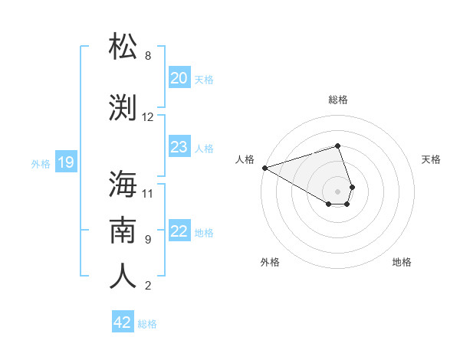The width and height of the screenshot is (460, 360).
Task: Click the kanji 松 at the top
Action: click(x=123, y=47)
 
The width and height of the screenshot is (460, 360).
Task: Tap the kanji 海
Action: click(x=123, y=184)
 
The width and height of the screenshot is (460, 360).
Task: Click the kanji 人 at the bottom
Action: click(x=123, y=276)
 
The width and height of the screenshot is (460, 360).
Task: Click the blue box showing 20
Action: click(x=179, y=78)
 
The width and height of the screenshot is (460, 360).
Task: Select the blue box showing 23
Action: click(x=179, y=147)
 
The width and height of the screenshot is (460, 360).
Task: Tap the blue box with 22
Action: click(x=179, y=231)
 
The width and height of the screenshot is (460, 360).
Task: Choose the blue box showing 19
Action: click(x=65, y=162)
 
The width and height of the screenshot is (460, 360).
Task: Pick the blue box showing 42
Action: click(x=123, y=322)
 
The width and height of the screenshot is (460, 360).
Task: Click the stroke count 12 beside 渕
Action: click(x=148, y=117)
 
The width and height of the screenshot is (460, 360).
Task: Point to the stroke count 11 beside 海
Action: click(x=148, y=193)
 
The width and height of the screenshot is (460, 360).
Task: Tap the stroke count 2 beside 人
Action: click(x=148, y=286)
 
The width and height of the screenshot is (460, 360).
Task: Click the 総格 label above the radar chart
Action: click(x=338, y=100)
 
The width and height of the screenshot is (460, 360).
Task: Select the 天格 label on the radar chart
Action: click(x=431, y=159)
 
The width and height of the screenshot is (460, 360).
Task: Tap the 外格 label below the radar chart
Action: click(x=270, y=262)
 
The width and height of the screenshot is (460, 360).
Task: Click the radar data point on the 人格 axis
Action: click(x=264, y=167)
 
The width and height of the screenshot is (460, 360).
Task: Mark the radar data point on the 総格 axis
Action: click(x=337, y=146)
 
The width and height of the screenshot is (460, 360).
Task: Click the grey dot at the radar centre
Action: click(x=337, y=190)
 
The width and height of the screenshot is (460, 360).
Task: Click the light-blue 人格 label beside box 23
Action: click(x=204, y=148)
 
